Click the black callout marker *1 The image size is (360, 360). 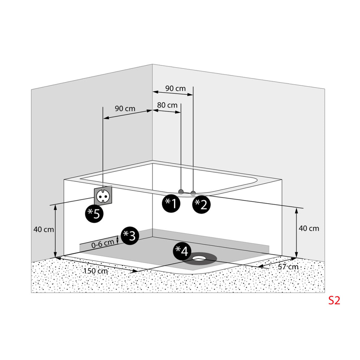[x=171, y=204]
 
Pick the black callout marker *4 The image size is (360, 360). [x=182, y=251]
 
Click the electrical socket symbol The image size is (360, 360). [x=104, y=195]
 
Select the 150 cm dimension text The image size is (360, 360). [x=96, y=271]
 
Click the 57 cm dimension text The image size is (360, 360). [x=288, y=267]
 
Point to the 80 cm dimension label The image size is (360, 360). [x=167, y=105]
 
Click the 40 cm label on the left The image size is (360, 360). [x=44, y=229]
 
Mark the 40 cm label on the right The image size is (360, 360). [x=309, y=228]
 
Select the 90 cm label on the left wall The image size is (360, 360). [x=125, y=108]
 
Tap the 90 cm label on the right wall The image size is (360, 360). [x=175, y=88]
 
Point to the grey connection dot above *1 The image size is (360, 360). [x=181, y=192]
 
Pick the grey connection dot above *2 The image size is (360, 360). [x=193, y=193]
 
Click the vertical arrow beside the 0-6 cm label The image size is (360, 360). [x=117, y=240]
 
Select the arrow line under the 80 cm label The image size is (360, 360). [x=167, y=111]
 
